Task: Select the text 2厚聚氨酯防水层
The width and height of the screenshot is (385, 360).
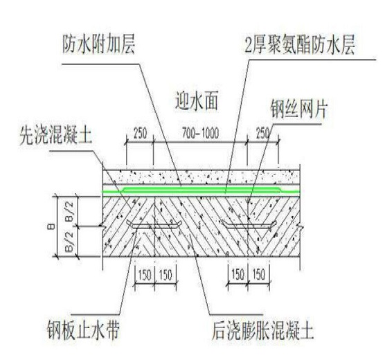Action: [x=300, y=45]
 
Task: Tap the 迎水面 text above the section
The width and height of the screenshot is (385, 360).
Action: [x=197, y=101]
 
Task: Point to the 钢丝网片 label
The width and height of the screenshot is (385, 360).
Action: [x=299, y=109]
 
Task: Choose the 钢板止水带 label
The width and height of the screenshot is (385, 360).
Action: [x=83, y=330]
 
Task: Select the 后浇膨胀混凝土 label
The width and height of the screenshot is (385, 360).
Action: [x=262, y=330]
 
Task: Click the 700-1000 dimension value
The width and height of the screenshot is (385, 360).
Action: [x=200, y=134]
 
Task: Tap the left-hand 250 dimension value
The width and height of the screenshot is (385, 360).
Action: [x=140, y=134]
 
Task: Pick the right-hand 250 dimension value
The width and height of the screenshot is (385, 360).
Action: [x=262, y=134]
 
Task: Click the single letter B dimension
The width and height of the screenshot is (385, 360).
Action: [x=52, y=226]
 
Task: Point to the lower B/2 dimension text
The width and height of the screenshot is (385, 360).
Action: [x=70, y=242]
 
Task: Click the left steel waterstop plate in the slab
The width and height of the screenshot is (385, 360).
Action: [x=154, y=226]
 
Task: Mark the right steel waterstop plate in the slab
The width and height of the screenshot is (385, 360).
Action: [x=249, y=225]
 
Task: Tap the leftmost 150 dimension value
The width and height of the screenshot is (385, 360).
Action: [x=145, y=275]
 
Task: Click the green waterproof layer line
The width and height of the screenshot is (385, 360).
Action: [x=201, y=191]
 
